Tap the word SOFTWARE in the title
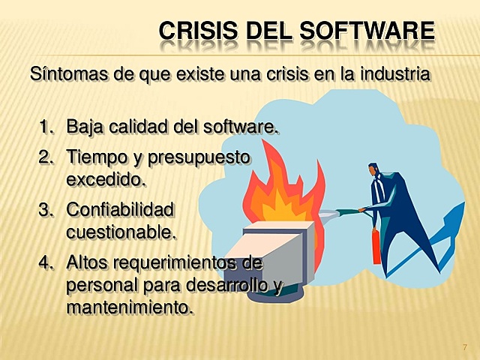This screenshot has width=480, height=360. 367,31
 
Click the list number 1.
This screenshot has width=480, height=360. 46,127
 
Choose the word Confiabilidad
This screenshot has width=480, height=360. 120,210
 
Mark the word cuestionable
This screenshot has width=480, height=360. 121,232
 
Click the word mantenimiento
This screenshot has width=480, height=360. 130,307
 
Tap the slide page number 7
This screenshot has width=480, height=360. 465,347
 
